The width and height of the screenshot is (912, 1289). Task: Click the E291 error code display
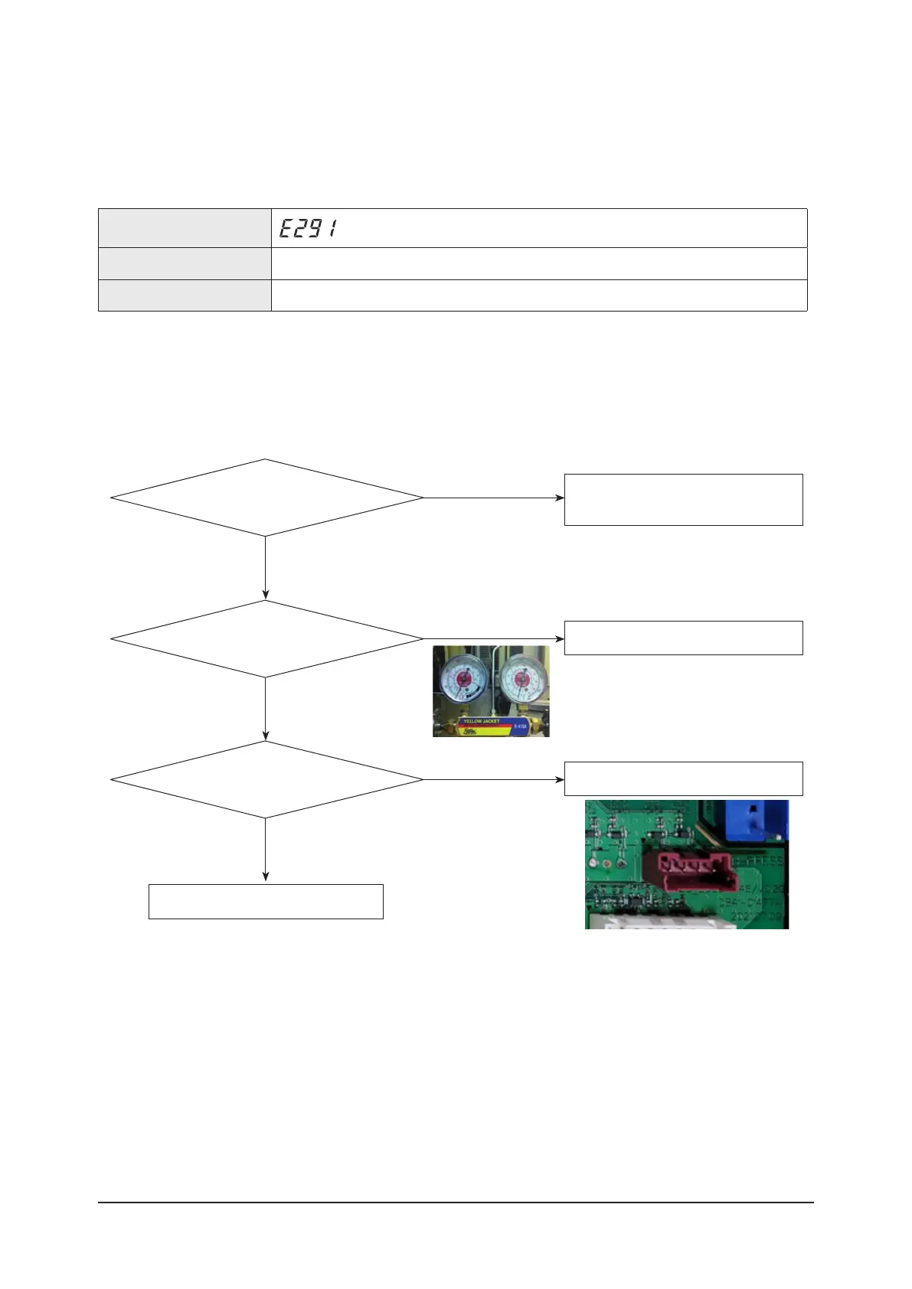(x=308, y=228)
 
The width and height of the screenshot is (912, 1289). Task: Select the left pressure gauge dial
(x=463, y=680)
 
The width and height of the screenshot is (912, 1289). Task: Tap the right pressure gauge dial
(x=521, y=679)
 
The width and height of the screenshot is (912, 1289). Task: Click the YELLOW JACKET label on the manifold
(x=481, y=721)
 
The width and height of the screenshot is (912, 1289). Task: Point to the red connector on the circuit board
(x=687, y=871)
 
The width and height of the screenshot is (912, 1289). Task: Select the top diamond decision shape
(x=266, y=498)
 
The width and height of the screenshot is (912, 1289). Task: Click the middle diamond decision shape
(x=266, y=638)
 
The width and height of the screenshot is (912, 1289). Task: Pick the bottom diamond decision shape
(x=266, y=779)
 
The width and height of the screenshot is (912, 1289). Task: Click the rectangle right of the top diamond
(x=683, y=499)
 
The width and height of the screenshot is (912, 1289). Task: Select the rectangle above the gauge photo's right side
(x=683, y=638)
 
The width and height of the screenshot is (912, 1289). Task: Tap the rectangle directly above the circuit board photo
(x=683, y=778)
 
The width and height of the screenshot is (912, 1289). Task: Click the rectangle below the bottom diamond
(x=266, y=901)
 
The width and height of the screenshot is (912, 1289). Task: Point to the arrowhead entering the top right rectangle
(x=560, y=498)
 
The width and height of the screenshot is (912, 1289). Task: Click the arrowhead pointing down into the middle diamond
(x=266, y=595)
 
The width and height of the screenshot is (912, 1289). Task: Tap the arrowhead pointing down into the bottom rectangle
(x=266, y=877)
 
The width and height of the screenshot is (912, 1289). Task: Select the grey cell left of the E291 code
(x=185, y=228)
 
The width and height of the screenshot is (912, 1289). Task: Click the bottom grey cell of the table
(x=185, y=295)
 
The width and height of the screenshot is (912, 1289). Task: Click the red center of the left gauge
(x=463, y=679)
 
